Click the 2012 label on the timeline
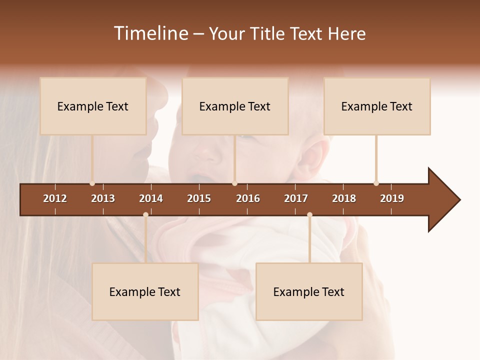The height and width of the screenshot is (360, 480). click(55, 198)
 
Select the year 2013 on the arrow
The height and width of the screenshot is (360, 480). click(103, 198)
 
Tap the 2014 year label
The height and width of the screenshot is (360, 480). click(151, 198)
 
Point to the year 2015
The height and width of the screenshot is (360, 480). click(199, 198)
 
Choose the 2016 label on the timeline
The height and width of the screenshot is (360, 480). click(248, 198)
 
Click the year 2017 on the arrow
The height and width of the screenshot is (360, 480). click(296, 198)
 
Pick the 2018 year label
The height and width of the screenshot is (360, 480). click(344, 198)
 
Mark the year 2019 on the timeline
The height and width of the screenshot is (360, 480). click(392, 198)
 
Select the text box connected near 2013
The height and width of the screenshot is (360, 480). click(93, 106)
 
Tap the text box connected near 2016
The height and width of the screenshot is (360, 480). click(235, 106)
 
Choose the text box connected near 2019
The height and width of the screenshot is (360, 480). click(377, 106)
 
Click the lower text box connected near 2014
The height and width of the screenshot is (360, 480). click(145, 291)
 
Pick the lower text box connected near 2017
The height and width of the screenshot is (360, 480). click(309, 291)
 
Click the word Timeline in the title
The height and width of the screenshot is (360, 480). click(150, 33)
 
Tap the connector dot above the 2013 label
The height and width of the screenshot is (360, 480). click(92, 183)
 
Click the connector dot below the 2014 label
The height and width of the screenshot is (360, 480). click(145, 214)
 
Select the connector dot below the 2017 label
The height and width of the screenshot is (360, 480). click(309, 214)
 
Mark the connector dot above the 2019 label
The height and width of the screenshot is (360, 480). click(376, 183)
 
